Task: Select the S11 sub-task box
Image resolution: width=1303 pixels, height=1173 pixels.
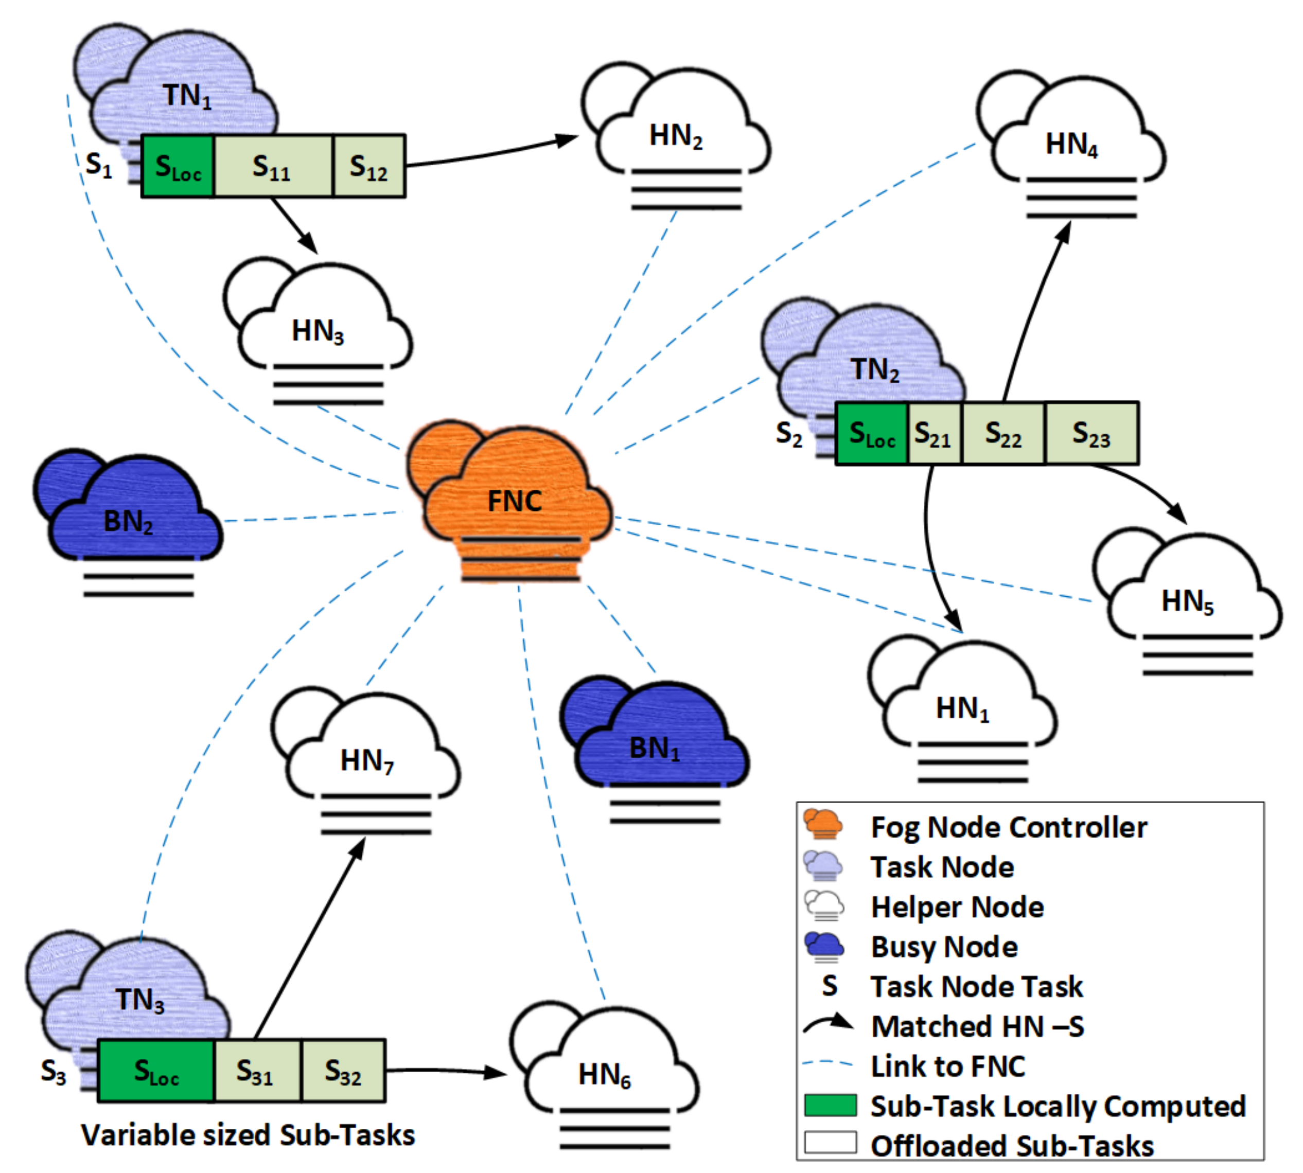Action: pyautogui.click(x=273, y=166)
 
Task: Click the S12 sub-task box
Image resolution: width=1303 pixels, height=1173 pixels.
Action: pyautogui.click(x=369, y=166)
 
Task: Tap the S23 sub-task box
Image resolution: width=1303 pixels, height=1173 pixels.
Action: pyautogui.click(x=1091, y=433)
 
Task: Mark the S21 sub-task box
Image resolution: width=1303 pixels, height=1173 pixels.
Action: pyautogui.click(x=934, y=433)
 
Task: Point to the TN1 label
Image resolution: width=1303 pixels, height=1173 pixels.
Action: pyautogui.click(x=188, y=96)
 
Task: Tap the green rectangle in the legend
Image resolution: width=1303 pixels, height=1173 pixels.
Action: pyautogui.click(x=831, y=1105)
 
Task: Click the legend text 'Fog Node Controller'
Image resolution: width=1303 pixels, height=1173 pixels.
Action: pyautogui.click(x=1008, y=828)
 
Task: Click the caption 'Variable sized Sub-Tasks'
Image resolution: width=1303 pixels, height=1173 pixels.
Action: pyautogui.click(x=248, y=1135)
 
